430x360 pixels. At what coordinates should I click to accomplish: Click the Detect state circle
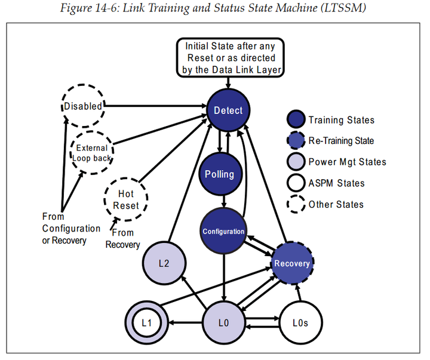(x=228, y=110)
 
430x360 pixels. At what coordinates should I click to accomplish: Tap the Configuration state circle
(x=224, y=231)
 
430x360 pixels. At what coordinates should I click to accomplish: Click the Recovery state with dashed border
(x=292, y=263)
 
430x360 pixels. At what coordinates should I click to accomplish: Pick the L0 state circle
(x=224, y=323)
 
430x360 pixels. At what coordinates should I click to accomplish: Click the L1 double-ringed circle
(x=146, y=323)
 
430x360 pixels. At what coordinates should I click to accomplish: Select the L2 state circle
(x=164, y=263)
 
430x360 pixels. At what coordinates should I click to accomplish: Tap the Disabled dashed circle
(x=83, y=106)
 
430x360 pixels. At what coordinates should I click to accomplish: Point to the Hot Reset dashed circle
(x=125, y=199)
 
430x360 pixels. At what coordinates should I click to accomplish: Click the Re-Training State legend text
(x=341, y=141)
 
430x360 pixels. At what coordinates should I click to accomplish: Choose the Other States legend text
(x=336, y=204)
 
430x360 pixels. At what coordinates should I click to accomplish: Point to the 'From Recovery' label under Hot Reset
(x=122, y=239)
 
